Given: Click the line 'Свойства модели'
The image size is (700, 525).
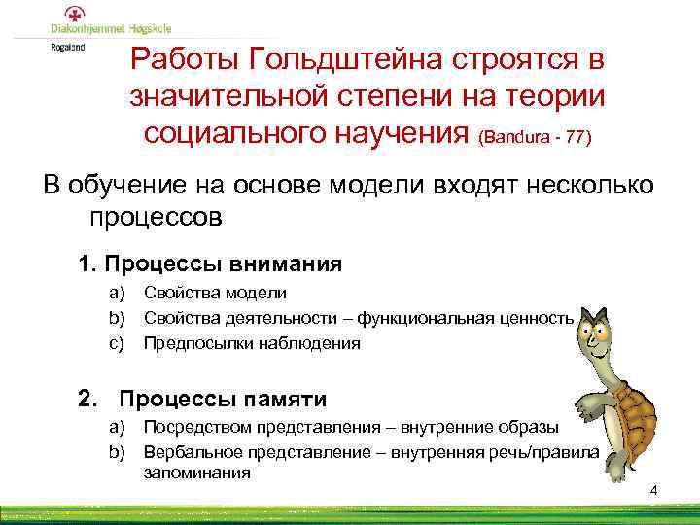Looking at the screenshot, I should coord(215,293).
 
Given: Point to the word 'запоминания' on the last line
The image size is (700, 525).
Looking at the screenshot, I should coord(196,473).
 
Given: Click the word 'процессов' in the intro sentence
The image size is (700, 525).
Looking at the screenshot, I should coord(157,217).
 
